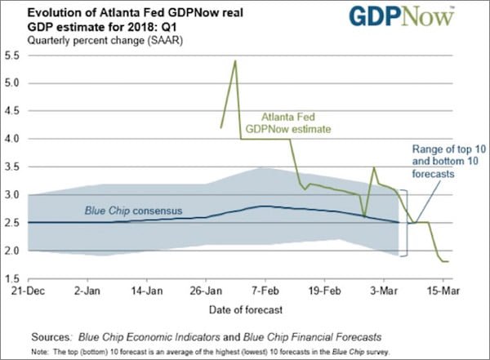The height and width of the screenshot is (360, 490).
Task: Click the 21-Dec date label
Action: tap(29, 291)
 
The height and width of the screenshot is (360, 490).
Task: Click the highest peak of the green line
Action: tap(235, 60)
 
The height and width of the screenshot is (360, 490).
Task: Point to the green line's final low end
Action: tap(447, 261)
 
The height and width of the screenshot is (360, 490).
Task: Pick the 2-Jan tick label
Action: tap(87, 291)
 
